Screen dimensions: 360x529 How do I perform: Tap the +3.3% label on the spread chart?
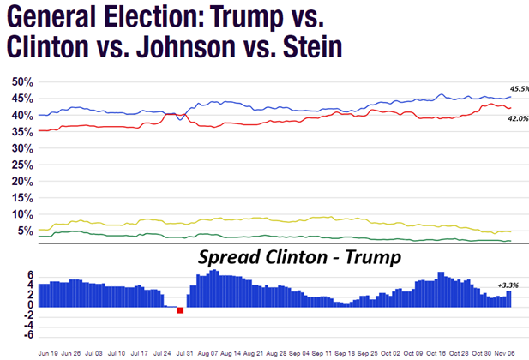[508, 285]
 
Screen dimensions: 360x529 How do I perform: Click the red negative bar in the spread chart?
[180, 310]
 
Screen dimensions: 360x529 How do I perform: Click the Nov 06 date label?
[509, 352]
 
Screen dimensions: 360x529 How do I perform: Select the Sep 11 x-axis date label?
[322, 352]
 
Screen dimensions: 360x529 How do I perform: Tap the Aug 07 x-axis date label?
[208, 352]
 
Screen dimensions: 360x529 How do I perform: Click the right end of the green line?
[511, 242]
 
